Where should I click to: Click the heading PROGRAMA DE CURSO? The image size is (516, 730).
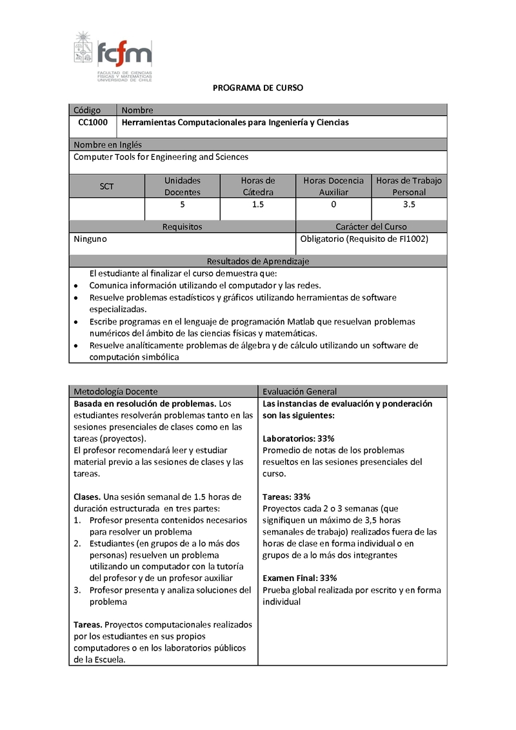258,88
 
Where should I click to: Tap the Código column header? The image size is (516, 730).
87,110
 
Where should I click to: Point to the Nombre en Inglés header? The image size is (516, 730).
108,145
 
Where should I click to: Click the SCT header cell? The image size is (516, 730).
106,186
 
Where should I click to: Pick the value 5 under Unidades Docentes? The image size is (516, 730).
183,204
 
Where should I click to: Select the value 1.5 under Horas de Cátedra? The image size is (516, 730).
258,204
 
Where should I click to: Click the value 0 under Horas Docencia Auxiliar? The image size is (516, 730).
333,204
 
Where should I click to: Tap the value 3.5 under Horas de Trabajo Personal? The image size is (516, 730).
409,204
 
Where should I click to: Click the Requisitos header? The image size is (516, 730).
182,227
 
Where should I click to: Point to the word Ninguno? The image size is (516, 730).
90,239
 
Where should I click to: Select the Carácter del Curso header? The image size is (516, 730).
371,227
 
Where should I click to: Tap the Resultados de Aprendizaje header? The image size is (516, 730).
258,261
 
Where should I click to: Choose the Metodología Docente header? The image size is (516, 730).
115,391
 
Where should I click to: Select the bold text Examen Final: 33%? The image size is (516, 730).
300,578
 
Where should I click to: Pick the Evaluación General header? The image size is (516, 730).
300,391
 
